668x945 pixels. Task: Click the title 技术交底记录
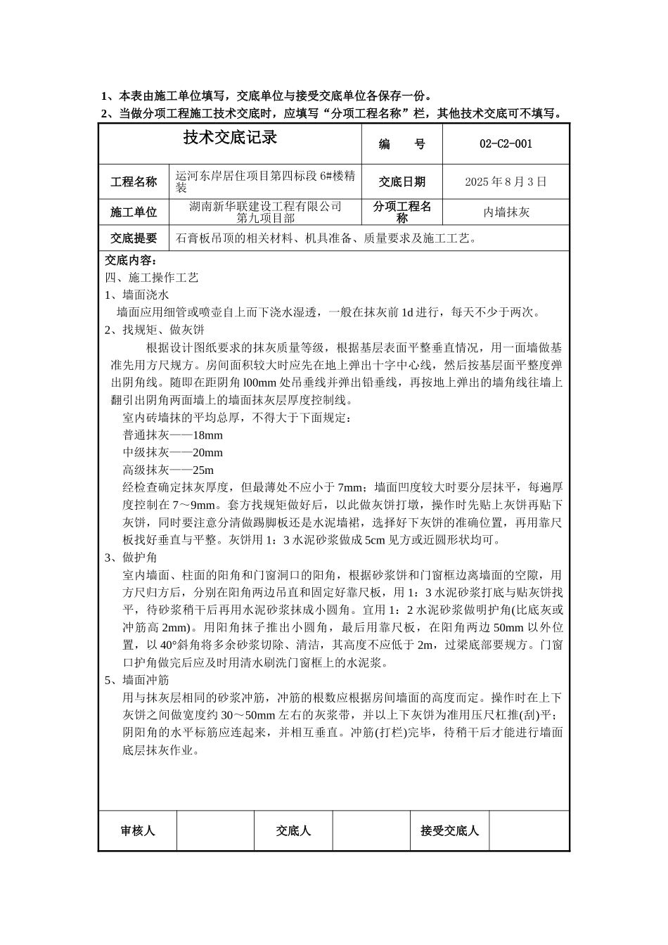pyautogui.click(x=230, y=138)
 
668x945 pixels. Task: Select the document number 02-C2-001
pyautogui.click(x=506, y=144)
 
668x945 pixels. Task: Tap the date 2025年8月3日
pyautogui.click(x=506, y=181)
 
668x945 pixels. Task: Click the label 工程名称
pyautogui.click(x=134, y=181)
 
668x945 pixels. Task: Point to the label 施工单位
pyautogui.click(x=134, y=212)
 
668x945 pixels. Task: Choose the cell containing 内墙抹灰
pyautogui.click(x=506, y=212)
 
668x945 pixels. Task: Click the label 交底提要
pyautogui.click(x=134, y=238)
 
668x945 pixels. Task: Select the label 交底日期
pyautogui.click(x=402, y=181)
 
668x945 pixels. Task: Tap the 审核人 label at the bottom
pyautogui.click(x=138, y=830)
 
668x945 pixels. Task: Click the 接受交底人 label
pyautogui.click(x=449, y=830)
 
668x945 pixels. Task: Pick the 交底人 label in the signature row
pyautogui.click(x=293, y=830)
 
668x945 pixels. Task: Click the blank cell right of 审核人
pyautogui.click(x=215, y=830)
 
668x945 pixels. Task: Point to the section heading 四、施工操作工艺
pyautogui.click(x=152, y=278)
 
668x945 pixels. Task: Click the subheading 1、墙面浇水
pyautogui.click(x=136, y=295)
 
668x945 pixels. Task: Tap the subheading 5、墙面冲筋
pyautogui.click(x=136, y=680)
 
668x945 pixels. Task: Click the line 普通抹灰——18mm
pyautogui.click(x=172, y=435)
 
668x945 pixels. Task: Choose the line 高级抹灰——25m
pyautogui.click(x=168, y=470)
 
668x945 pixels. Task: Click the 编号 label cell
pyautogui.click(x=402, y=144)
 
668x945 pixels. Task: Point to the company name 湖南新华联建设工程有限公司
pyautogui.click(x=266, y=206)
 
